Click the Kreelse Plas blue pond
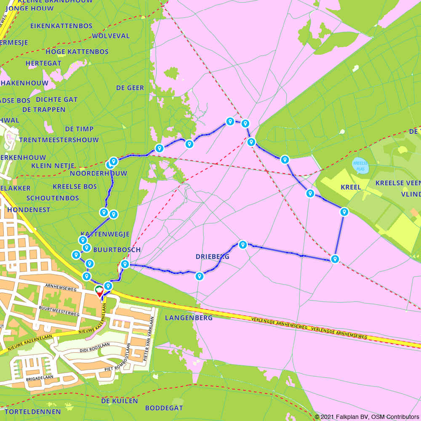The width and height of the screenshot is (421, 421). point(360,166)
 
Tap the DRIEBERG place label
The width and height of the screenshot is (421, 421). point(212,256)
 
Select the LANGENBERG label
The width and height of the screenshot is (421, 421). point(189,317)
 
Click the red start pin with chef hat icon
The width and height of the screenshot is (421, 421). point(99,291)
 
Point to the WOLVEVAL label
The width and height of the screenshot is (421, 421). point(111,36)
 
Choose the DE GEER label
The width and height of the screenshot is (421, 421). point(130,88)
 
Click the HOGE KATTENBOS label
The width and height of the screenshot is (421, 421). point(77,52)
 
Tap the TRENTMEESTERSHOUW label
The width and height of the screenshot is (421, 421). point(59,140)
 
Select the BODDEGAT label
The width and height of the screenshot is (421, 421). point(164,408)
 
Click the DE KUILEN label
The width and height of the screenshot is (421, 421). point(120,401)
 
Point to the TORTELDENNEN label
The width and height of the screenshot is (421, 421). point(33,411)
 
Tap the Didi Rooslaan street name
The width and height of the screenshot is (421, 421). point(94,346)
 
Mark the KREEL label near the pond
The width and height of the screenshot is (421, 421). point(351,187)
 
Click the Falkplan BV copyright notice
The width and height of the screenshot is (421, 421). point(367,417)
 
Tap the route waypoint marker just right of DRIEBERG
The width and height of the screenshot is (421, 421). point(242,245)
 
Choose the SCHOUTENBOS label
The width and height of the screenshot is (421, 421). point(53,198)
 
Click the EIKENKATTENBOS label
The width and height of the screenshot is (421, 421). point(61,26)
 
